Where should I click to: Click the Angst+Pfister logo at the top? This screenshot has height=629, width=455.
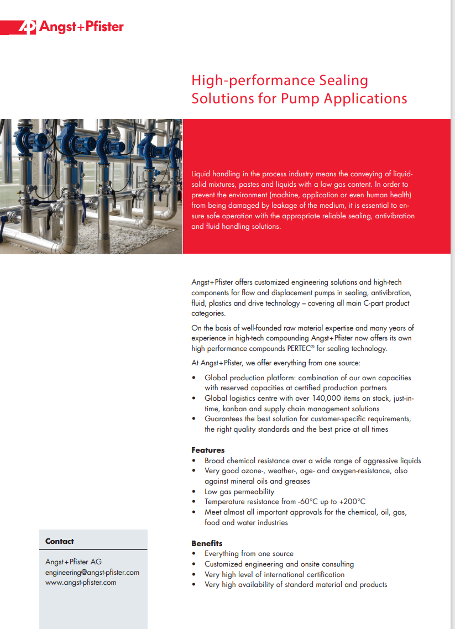[x=71, y=27]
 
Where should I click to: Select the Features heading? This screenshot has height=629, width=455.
[x=208, y=450]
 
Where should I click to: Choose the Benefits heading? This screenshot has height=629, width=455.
[x=207, y=543]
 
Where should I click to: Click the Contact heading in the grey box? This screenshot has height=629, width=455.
[x=59, y=541]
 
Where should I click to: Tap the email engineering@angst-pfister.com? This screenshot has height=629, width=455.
[x=92, y=572]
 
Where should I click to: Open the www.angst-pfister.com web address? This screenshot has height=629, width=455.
[x=81, y=582]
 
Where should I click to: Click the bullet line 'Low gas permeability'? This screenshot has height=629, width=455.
[x=239, y=491]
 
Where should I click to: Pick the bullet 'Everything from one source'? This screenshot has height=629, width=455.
[x=249, y=553]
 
